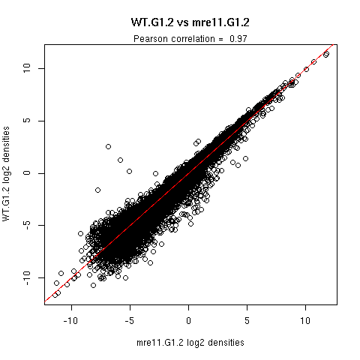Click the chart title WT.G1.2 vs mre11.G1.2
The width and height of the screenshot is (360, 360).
tap(190, 22)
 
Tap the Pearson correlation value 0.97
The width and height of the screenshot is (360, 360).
tap(238, 39)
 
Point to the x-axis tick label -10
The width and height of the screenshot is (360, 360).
tap(70, 321)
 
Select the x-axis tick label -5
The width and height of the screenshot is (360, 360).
tap(130, 321)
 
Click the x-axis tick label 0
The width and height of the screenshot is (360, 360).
tap(188, 321)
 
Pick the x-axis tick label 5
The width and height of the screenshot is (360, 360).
tap(247, 321)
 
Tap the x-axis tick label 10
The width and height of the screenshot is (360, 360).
tap(305, 321)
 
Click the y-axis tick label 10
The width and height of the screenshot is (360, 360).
tap(26, 68)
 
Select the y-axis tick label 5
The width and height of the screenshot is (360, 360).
tap(26, 121)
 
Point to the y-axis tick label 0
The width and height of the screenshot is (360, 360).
tap(26, 173)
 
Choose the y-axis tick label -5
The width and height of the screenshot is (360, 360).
tap(26, 225)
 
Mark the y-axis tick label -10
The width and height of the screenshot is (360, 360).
tap(26, 277)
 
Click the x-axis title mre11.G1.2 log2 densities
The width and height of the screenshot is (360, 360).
tap(190, 343)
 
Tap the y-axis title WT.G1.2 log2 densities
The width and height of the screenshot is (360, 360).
tap(6, 174)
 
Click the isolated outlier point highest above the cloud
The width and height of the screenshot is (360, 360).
tap(108, 146)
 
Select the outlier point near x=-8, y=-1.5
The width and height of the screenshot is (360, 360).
tap(97, 190)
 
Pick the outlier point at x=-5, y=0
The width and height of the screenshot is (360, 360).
tap(129, 171)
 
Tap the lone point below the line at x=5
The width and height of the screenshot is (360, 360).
tap(245, 158)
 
